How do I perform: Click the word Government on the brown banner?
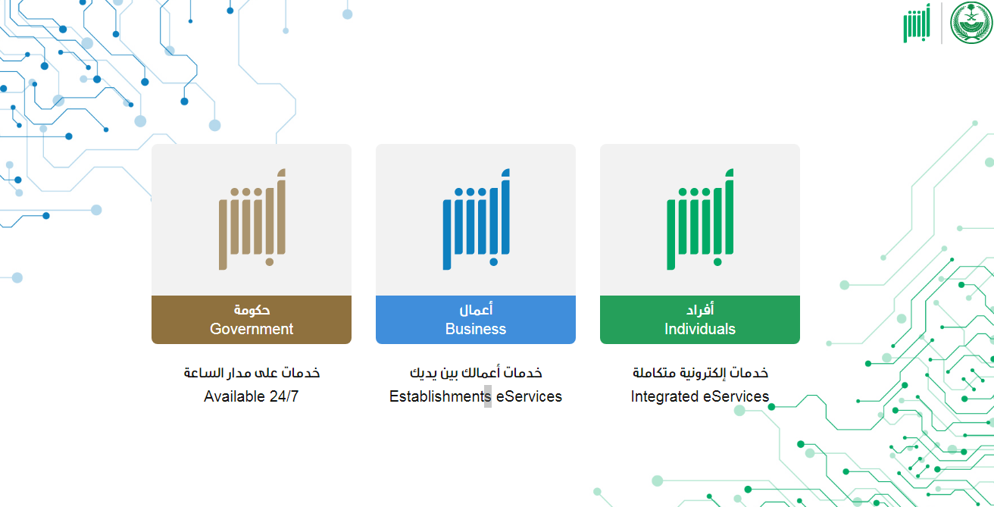point(252,329)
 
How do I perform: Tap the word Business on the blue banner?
point(475,329)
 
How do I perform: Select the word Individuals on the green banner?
point(700,329)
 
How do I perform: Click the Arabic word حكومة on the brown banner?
point(252,309)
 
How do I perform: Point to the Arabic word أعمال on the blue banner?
point(476,309)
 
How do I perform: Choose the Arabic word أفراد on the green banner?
point(700,309)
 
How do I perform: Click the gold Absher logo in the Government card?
point(252,219)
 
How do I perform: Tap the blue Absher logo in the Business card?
point(476,219)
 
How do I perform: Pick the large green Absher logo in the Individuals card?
point(700,219)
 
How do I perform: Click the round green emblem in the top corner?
point(971,23)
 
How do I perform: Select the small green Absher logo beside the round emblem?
point(917,23)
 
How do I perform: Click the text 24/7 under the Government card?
point(284,396)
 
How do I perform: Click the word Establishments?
point(440,396)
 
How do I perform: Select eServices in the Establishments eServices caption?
point(529,396)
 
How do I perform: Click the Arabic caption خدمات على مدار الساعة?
point(252,372)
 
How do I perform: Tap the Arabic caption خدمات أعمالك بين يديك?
point(476,372)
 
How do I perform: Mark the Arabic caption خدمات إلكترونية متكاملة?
point(700,372)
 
